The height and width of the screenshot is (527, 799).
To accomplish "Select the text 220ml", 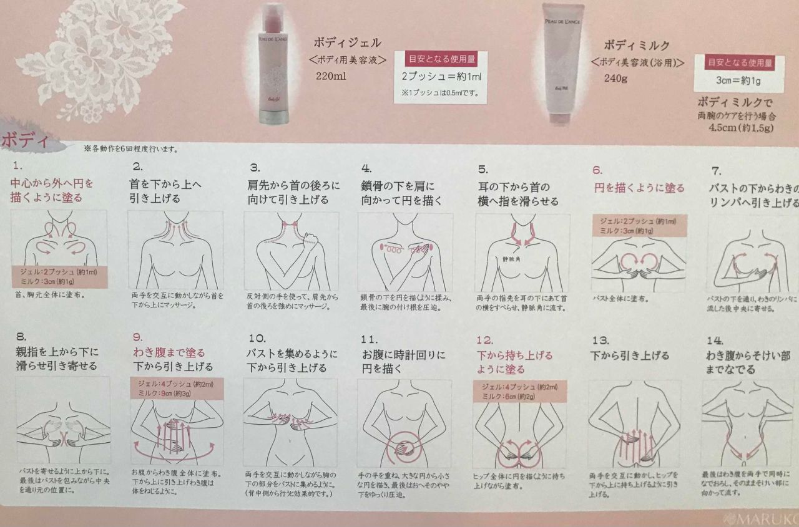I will click(x=331, y=75).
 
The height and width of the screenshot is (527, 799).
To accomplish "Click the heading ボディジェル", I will click(x=348, y=43).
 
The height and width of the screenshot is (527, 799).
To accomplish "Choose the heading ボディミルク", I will click(x=637, y=46).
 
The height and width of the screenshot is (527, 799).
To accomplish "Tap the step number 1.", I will click(x=17, y=167).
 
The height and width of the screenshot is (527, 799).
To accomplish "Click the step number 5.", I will click(x=483, y=168).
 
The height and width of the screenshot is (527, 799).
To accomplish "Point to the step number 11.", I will click(x=369, y=339).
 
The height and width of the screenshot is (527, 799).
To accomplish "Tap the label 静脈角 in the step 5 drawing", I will click(x=511, y=258).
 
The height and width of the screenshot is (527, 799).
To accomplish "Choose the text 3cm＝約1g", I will click(x=741, y=80).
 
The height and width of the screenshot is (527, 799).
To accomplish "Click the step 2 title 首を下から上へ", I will click(x=166, y=185).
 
